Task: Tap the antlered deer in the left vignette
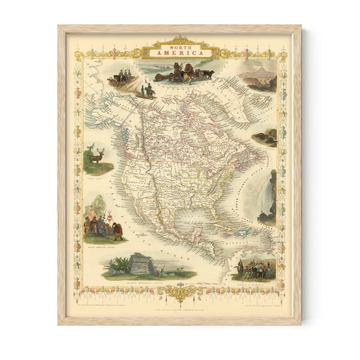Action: coord(96,156)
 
